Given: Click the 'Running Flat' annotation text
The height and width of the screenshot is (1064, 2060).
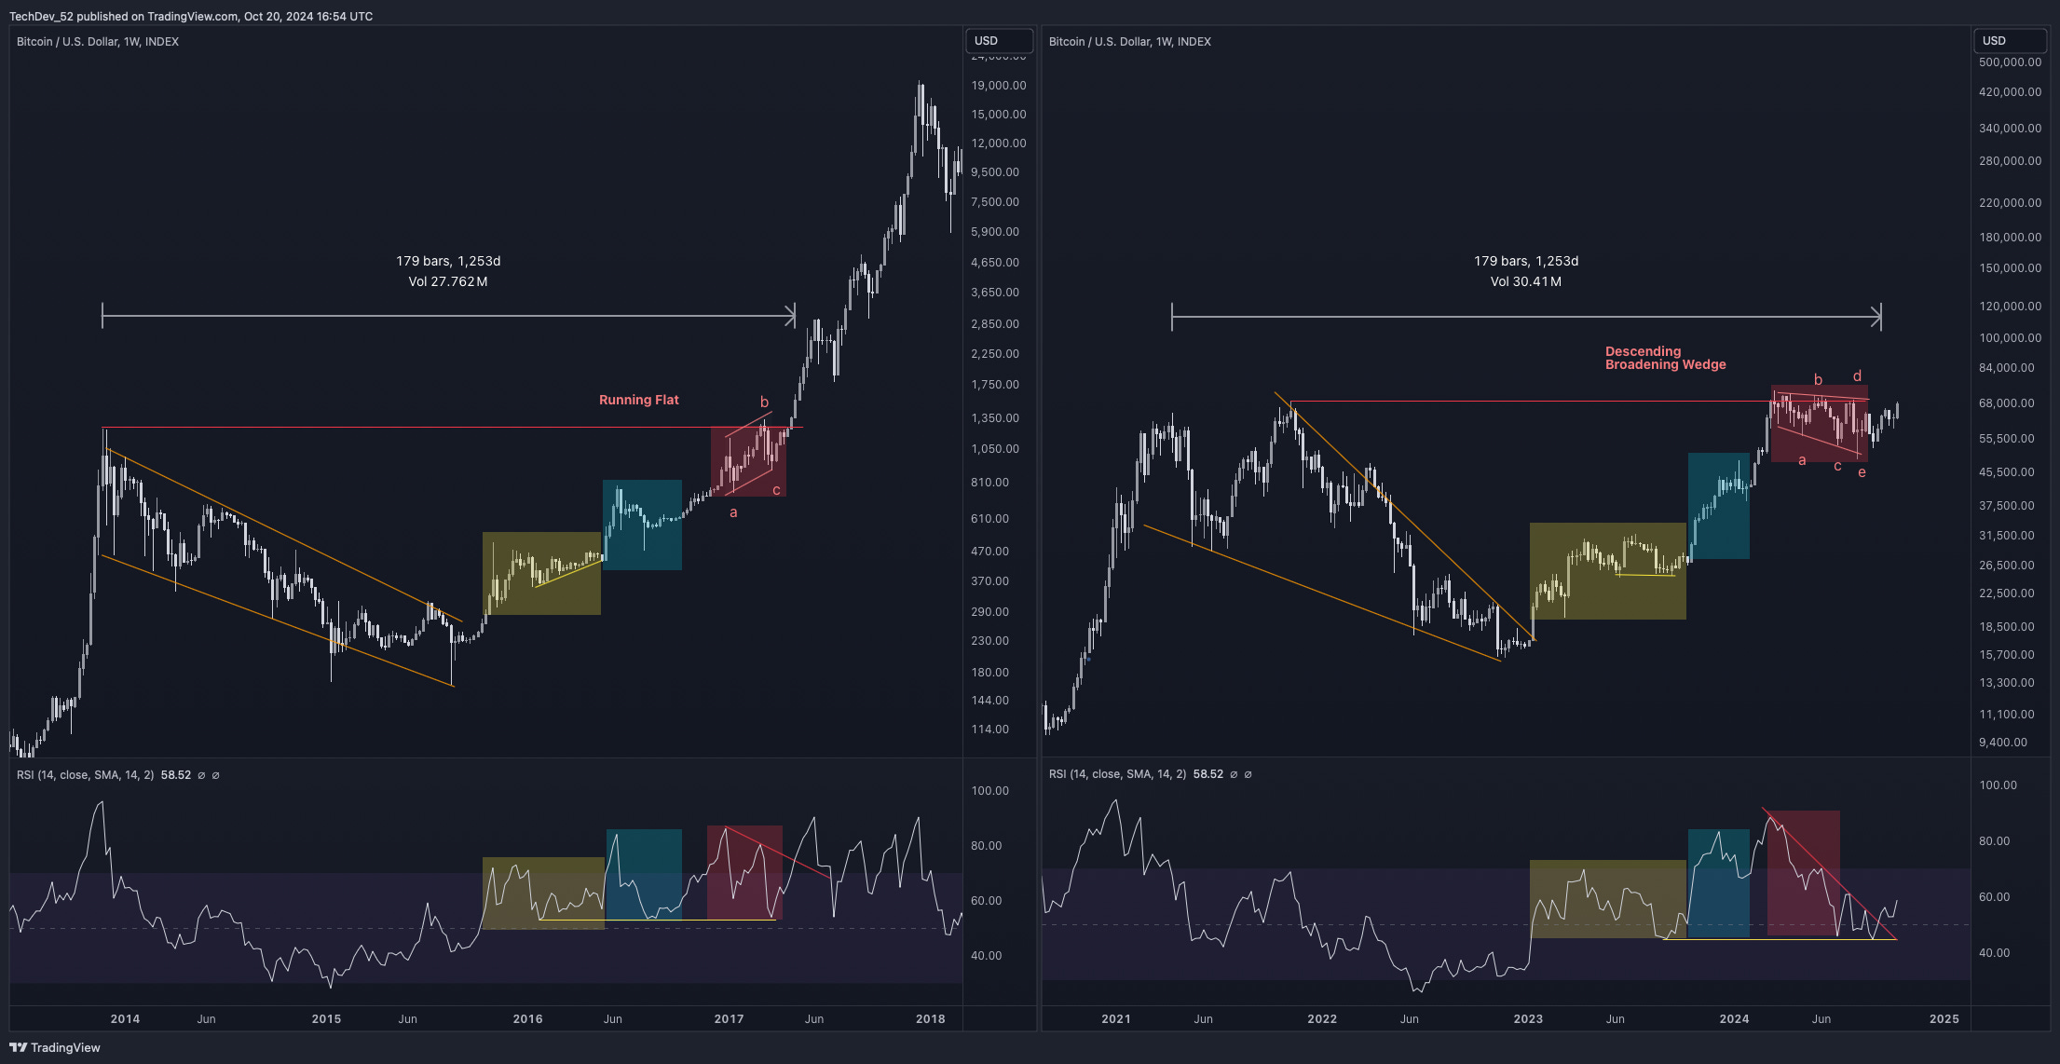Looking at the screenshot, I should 638,400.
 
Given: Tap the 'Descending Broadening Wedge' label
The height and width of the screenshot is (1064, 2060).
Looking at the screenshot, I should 1665,358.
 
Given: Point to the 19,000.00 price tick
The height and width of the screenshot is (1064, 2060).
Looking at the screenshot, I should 998,85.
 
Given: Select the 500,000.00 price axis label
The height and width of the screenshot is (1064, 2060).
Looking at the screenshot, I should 2010,62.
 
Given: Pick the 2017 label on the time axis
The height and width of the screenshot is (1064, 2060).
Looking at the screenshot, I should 729,1018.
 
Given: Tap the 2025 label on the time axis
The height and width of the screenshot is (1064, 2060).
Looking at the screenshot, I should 1944,1018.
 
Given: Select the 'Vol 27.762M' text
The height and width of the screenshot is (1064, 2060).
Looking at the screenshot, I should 447,281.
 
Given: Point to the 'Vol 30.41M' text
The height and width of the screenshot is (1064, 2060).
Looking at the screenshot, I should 1525,281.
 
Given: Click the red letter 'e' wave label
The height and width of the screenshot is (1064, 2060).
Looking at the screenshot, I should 1862,472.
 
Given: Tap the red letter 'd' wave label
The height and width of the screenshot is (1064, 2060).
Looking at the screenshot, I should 1857,376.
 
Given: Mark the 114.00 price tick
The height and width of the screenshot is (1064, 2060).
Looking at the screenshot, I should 989,729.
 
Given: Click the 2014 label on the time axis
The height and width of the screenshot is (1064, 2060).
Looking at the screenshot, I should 125,1018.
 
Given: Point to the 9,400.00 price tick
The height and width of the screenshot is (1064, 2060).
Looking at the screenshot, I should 2002,743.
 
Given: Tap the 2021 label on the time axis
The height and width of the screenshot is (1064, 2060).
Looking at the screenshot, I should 1115,1018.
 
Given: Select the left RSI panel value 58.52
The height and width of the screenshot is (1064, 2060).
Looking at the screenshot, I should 175,775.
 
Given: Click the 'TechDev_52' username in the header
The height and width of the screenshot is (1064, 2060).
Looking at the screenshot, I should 41,16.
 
